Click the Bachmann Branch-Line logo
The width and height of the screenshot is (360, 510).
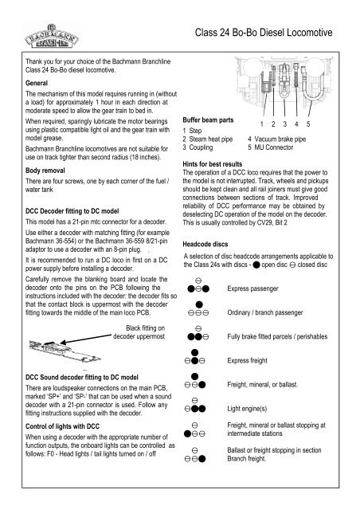tap(52, 37)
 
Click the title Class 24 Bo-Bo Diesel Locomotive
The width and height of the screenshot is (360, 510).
tap(264, 33)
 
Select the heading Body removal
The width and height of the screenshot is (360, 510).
tap(45, 171)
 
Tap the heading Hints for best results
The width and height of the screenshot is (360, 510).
tap(213, 164)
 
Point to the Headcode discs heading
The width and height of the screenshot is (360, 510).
tap(205, 244)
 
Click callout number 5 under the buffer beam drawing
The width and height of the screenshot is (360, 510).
tap(308, 124)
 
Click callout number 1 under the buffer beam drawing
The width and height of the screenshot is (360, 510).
tap(262, 124)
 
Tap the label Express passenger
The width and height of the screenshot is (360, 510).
tap(252, 288)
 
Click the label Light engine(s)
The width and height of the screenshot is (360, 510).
tap(247, 409)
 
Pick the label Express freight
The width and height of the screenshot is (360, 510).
tap(247, 360)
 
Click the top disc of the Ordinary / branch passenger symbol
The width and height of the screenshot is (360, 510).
tap(199, 304)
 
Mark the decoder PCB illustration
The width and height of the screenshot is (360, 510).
tap(65, 352)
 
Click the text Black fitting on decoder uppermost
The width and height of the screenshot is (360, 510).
tap(139, 332)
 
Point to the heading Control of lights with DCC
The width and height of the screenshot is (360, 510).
tap(62, 426)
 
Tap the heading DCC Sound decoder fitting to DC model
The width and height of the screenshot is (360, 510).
tap(82, 377)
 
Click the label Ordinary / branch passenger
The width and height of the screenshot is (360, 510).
tap(265, 312)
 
